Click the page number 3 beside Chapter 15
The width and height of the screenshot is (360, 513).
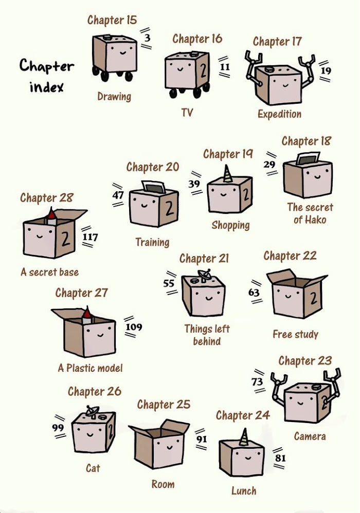tap(147, 38)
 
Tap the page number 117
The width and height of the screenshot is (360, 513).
tap(90, 236)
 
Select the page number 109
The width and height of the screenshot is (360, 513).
tap(134, 326)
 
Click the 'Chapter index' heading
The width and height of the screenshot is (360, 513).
tap(47, 76)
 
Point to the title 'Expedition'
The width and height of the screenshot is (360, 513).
tap(279, 114)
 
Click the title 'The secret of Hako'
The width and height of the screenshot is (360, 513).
tap(310, 213)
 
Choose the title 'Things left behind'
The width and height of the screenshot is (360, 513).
tap(207, 335)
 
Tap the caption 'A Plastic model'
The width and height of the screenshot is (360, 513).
tap(91, 368)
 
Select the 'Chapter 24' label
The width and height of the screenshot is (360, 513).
tap(243, 415)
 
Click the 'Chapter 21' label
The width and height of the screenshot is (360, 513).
tap(204, 259)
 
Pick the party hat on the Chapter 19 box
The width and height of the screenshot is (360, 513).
tap(227, 174)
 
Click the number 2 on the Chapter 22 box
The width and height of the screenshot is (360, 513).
tap(314, 298)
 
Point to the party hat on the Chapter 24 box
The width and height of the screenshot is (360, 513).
tap(244, 437)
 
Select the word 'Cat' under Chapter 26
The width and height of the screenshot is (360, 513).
tap(93, 468)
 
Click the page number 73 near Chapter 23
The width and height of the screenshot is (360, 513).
tap(257, 381)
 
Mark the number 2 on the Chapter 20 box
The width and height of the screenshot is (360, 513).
tap(169, 208)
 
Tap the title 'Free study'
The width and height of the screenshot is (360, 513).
tap(295, 334)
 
